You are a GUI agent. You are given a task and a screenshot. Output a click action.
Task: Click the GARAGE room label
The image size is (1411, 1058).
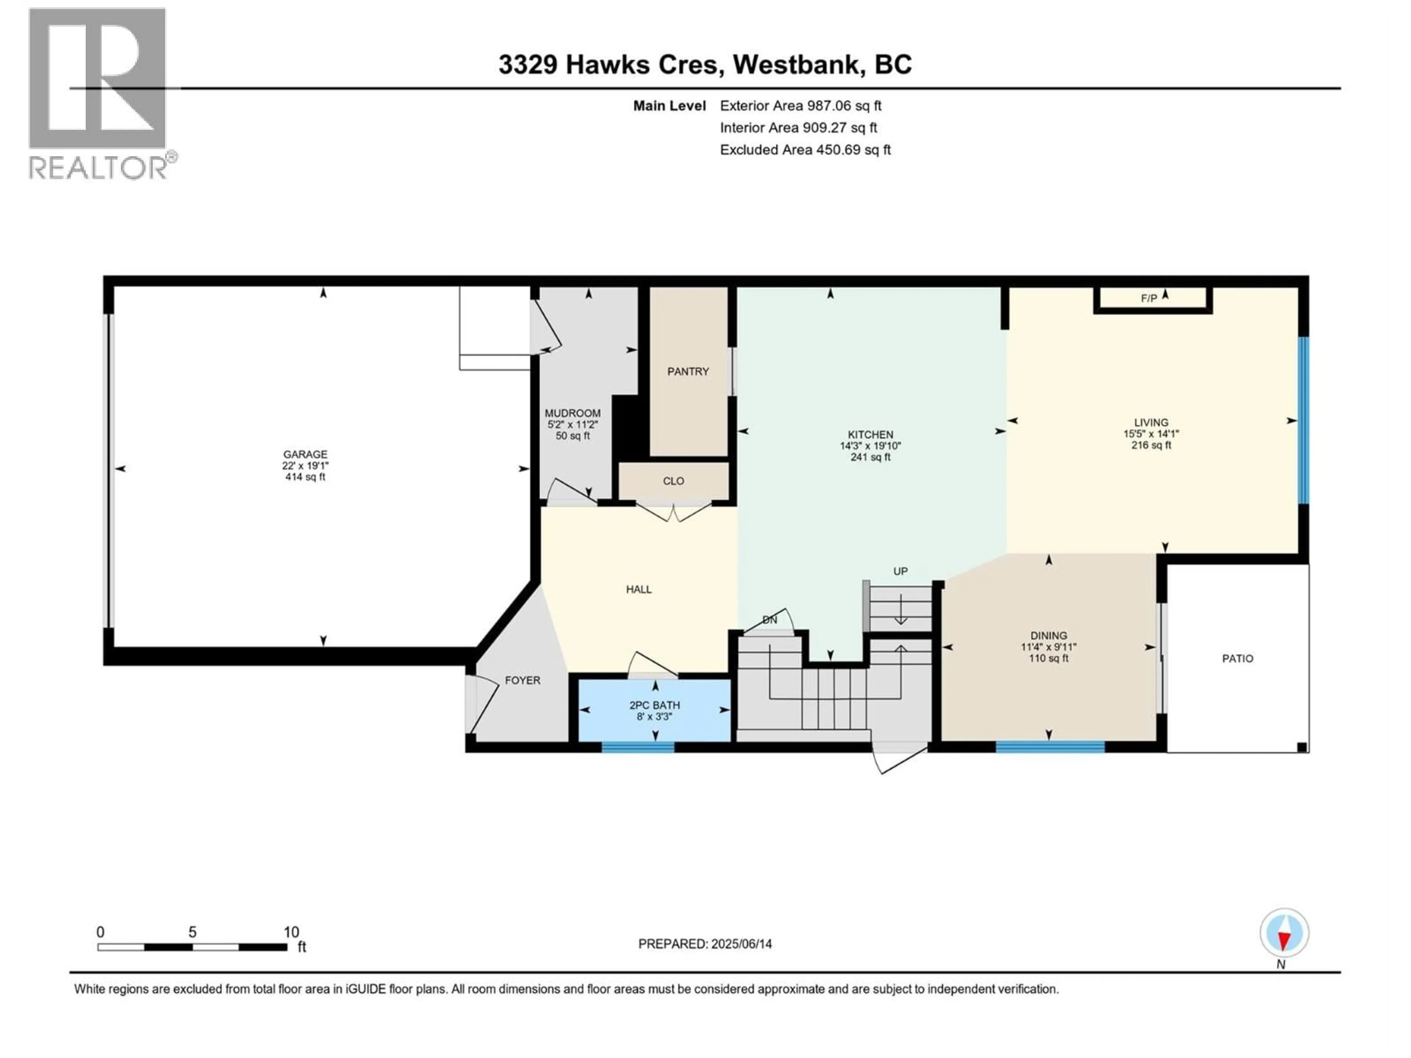tap(306, 454)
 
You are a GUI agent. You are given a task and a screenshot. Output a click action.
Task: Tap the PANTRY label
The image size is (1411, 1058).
tap(688, 371)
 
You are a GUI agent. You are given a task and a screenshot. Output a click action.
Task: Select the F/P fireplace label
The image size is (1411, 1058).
tap(1149, 298)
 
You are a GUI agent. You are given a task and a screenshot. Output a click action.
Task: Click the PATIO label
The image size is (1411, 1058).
tap(1238, 658)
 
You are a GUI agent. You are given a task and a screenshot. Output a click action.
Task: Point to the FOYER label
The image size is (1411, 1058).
tap(523, 680)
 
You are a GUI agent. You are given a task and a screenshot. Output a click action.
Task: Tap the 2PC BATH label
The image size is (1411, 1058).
tap(654, 705)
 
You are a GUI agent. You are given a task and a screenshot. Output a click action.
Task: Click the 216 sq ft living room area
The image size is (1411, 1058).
tap(1151, 445)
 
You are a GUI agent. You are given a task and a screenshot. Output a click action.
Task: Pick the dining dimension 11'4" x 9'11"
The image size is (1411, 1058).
tap(1049, 646)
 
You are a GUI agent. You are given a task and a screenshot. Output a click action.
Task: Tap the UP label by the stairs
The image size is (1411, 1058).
tap(900, 571)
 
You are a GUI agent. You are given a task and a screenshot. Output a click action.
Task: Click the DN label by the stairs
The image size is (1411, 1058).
tap(770, 619)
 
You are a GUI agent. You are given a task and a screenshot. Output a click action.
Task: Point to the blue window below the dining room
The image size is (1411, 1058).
tap(1050, 747)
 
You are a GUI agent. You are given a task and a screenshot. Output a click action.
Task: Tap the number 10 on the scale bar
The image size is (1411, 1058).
tap(291, 932)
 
